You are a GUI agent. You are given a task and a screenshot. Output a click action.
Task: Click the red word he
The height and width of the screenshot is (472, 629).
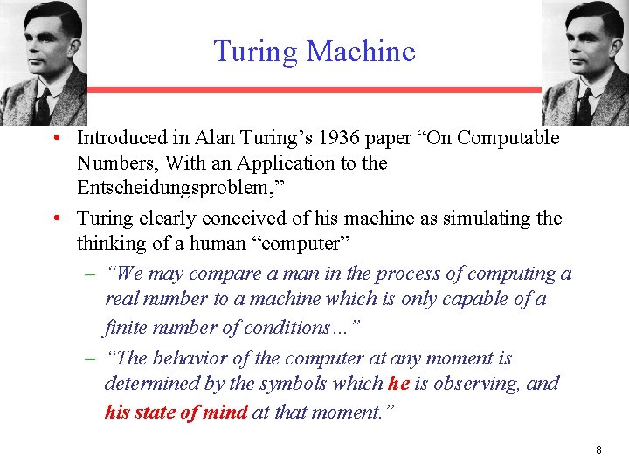click(398, 384)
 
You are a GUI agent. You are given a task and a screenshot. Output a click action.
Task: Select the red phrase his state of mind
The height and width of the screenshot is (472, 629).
click(176, 412)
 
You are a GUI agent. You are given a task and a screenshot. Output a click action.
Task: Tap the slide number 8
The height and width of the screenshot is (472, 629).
click(598, 449)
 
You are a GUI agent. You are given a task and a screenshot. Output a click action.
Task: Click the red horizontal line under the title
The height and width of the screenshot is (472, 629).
click(314, 89)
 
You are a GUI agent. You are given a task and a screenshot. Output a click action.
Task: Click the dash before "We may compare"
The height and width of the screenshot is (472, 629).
click(90, 274)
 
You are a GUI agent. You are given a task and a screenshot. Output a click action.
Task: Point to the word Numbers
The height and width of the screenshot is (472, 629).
click(111, 163)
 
